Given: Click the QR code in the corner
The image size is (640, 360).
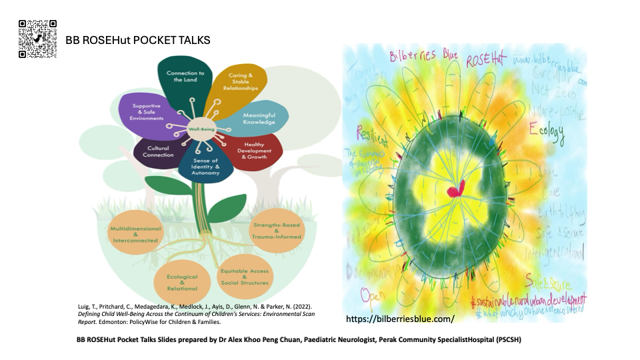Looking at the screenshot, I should tap(37, 39).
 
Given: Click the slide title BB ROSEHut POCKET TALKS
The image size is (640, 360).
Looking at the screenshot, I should tap(138, 41).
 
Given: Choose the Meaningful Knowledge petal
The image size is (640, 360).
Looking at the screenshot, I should tap(259, 118).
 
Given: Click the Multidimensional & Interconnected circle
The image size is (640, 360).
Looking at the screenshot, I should tap(135, 234).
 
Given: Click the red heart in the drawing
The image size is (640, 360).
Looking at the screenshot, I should tap(457, 191).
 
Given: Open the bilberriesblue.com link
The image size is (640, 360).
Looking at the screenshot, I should tap(400, 319).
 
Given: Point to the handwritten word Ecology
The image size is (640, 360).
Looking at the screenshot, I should tap(547, 131).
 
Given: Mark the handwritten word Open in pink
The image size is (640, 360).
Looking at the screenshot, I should tap(372, 294).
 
